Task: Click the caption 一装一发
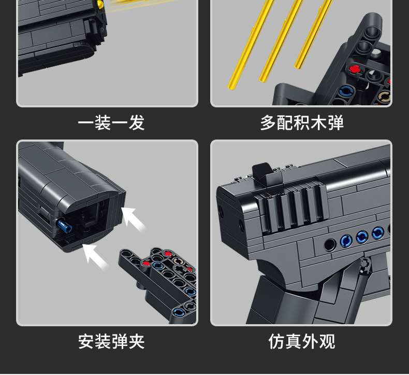[x=111, y=123]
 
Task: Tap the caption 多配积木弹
[x=301, y=123]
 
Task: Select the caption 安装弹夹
[x=111, y=341]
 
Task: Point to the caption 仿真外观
[x=301, y=341]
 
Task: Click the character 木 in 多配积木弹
[x=318, y=123]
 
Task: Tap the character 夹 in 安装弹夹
[x=136, y=341]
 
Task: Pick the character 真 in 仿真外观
[x=293, y=341]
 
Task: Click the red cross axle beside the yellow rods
[x=355, y=68]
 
